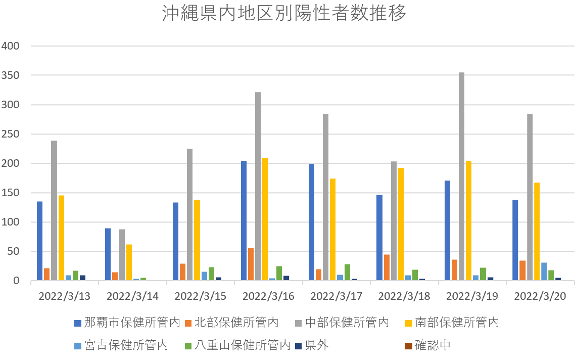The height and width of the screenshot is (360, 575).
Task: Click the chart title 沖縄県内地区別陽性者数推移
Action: pos(284,14)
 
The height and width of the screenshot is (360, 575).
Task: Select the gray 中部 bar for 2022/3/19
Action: pos(461,176)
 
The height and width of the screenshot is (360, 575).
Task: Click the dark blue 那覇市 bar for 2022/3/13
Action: pos(39,241)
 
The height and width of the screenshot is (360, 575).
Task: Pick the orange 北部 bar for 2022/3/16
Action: pos(251,264)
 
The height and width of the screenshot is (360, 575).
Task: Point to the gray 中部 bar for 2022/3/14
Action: pos(122,255)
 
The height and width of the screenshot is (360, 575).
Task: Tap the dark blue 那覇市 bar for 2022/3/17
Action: pos(311,222)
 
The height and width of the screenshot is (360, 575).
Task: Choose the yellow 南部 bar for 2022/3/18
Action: pos(401,224)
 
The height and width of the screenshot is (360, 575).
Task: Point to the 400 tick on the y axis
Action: pos(11,46)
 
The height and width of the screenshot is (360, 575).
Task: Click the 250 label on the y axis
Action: pos(11,134)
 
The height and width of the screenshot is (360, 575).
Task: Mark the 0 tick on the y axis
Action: pos(15,281)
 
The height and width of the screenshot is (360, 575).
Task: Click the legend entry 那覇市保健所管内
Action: pos(127,323)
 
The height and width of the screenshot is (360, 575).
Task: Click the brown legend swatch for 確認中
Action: pos(408,345)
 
